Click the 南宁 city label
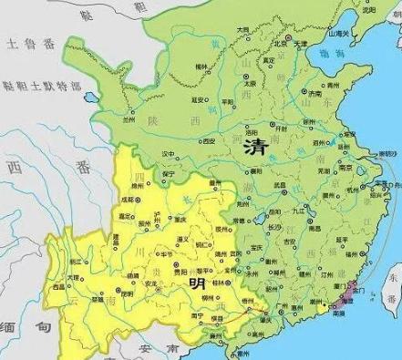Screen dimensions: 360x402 [x=197, y=315]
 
